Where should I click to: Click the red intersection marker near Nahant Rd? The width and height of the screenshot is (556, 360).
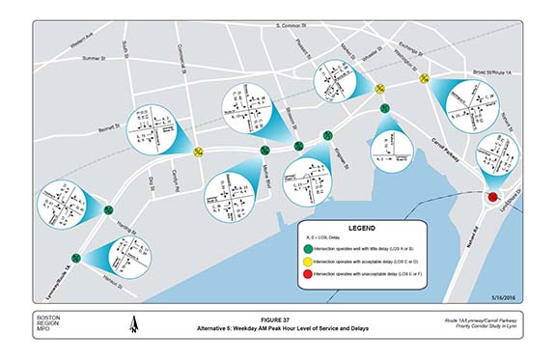point(493,197)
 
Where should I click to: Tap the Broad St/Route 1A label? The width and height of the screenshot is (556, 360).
point(495,71)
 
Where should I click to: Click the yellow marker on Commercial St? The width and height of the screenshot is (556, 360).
point(198,151)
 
